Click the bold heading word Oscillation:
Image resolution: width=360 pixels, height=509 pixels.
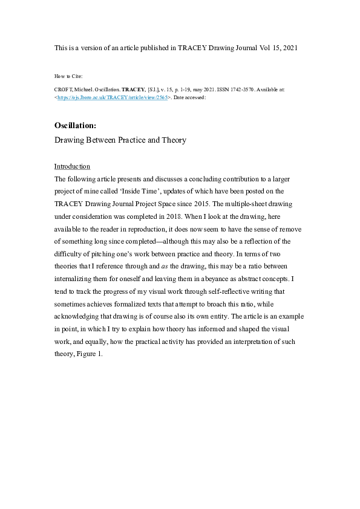[x=75, y=126]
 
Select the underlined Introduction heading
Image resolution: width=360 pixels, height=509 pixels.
[x=72, y=166]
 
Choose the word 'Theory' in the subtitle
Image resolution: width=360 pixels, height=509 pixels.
[x=170, y=140]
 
